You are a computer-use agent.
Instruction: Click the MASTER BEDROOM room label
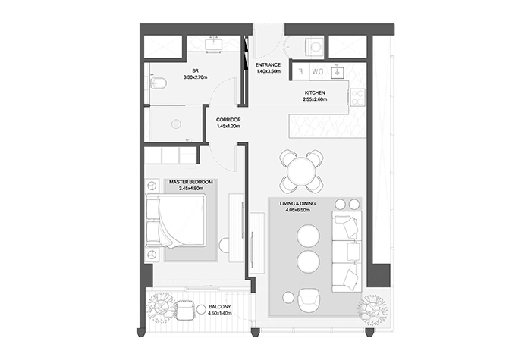coord(191,182)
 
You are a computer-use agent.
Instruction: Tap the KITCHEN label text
coord(315,92)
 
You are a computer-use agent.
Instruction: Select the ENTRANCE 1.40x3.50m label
coord(269,68)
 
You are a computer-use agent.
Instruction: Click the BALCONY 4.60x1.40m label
coord(220,310)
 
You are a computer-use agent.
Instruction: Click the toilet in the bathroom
coord(158,83)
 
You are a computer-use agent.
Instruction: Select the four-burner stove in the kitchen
coord(357,98)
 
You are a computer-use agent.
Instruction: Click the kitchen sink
coord(337,72)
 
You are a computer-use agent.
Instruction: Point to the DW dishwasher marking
coord(318,72)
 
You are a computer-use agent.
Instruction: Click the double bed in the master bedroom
coord(176,221)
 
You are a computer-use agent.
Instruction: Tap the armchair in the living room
coord(308,300)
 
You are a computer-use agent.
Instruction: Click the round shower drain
coord(176,124)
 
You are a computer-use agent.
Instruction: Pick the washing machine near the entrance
coord(315,46)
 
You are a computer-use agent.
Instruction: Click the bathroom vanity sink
coord(213,44)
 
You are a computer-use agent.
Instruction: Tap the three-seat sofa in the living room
coord(347,252)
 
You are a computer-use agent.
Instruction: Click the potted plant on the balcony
coord(159,308)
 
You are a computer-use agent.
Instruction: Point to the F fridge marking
coord(302,71)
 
